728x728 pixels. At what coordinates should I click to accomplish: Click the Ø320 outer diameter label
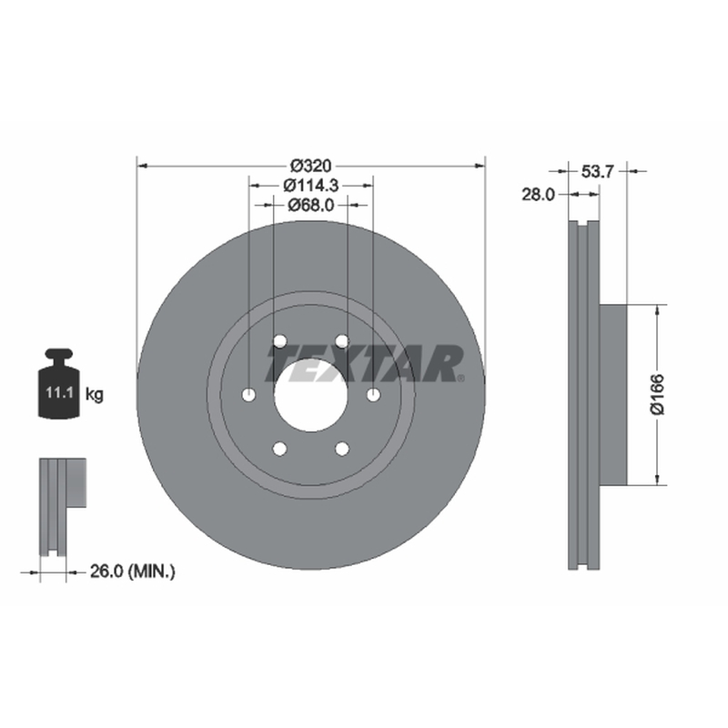pyautogui.click(x=310, y=166)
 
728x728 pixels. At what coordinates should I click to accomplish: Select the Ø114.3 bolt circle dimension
pyautogui.click(x=310, y=186)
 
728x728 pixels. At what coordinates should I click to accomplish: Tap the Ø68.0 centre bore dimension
pyautogui.click(x=310, y=205)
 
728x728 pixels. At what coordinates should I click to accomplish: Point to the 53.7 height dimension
pyautogui.click(x=598, y=172)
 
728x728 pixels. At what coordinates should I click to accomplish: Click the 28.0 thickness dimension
pyautogui.click(x=538, y=195)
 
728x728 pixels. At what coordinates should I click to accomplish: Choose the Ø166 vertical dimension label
pyautogui.click(x=657, y=394)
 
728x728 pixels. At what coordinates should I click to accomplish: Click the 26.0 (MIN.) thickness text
pyautogui.click(x=132, y=571)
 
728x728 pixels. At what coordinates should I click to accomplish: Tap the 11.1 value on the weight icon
pyautogui.click(x=59, y=393)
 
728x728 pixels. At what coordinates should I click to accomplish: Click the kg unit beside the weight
pyautogui.click(x=95, y=395)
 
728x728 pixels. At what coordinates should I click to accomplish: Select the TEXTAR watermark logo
pyautogui.click(x=365, y=363)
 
